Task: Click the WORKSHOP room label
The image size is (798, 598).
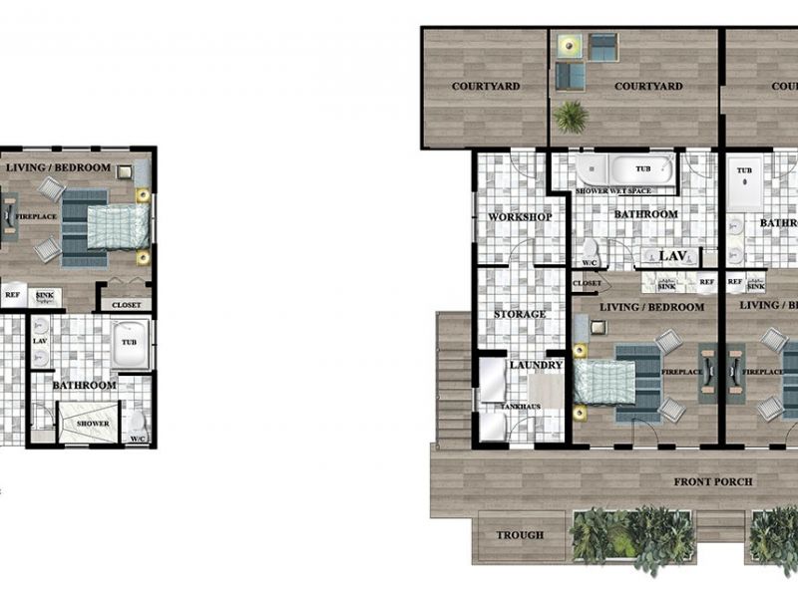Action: [x=520, y=217]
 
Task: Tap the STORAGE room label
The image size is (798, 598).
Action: [x=520, y=315]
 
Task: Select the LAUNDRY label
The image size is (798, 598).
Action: [x=537, y=366]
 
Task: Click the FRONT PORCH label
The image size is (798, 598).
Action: [x=712, y=482]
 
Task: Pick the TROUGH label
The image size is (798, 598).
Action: [x=520, y=535]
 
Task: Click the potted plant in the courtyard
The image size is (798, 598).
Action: [x=571, y=116]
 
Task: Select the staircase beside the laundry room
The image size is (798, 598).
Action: [x=454, y=379]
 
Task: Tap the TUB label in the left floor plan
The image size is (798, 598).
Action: [x=130, y=341]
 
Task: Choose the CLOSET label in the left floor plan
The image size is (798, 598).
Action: [x=127, y=306]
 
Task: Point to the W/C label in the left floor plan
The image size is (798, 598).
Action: [x=137, y=439]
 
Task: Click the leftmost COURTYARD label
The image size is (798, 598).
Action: [x=486, y=87]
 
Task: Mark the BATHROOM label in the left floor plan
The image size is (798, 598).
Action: [x=85, y=385]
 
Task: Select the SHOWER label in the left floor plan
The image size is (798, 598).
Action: [x=93, y=424]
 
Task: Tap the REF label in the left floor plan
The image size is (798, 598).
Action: [x=13, y=296]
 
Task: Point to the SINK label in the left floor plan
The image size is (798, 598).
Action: [x=45, y=296]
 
